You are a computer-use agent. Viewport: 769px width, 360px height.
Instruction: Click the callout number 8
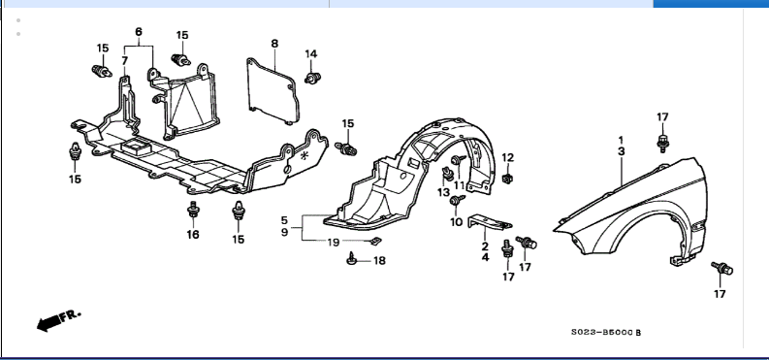coord(274,44)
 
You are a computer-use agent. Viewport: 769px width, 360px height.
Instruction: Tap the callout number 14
coord(311,54)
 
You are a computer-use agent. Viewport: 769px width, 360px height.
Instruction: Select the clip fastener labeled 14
coord(312,78)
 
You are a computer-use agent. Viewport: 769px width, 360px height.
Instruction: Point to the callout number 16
coord(193,235)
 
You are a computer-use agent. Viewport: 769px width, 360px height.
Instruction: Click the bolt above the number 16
coord(193,210)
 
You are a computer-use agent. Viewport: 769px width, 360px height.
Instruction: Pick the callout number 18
coord(379,260)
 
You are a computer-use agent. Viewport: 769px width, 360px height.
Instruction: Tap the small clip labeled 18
coord(351,258)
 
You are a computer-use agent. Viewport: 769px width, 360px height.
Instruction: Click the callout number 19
coord(334,242)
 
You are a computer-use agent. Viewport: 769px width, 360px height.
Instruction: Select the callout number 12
coord(507,157)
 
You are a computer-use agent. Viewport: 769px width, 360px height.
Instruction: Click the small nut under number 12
coord(508,179)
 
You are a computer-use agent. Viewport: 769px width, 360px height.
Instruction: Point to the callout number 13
coord(443,192)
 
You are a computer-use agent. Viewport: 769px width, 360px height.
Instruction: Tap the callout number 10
coord(456,222)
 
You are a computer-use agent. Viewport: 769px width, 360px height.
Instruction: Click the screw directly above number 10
coord(457,200)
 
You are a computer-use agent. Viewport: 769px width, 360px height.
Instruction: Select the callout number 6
coord(139,32)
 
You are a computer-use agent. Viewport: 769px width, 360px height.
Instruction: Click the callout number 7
coord(124,61)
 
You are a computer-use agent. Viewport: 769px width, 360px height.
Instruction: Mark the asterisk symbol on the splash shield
coord(304,156)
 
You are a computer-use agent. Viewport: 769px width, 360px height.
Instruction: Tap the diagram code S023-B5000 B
coord(606,333)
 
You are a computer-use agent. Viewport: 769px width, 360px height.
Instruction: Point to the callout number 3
coord(622,151)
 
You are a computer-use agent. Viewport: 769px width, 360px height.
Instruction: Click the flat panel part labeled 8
coord(272,91)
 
